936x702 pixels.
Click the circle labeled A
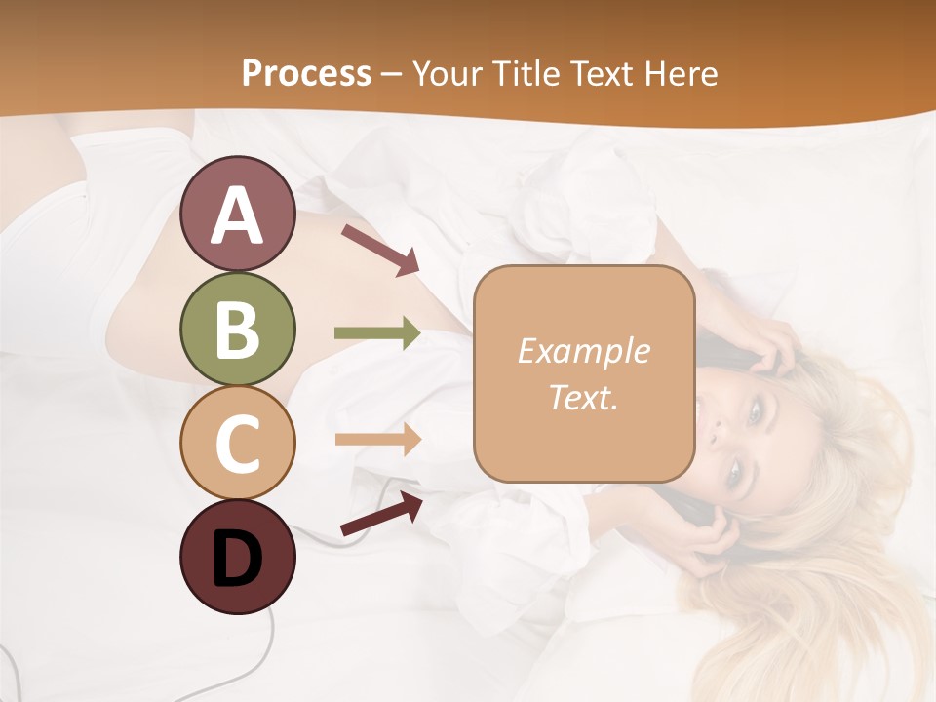pyautogui.click(x=237, y=214)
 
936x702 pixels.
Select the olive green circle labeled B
pyautogui.click(x=237, y=329)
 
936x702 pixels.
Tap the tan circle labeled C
pyautogui.click(x=237, y=443)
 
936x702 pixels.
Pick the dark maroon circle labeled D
pyautogui.click(x=237, y=557)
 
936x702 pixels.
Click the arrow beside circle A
pyautogui.click(x=380, y=250)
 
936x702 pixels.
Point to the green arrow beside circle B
pyautogui.click(x=377, y=333)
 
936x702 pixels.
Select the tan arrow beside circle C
pyautogui.click(x=377, y=439)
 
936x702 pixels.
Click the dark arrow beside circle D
pyautogui.click(x=381, y=514)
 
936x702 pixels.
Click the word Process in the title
pyautogui.click(x=306, y=74)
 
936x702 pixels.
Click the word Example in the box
pyautogui.click(x=584, y=351)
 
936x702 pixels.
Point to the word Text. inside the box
pyautogui.click(x=584, y=397)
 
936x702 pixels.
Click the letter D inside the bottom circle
pyautogui.click(x=237, y=559)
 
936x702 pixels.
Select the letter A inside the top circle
pyautogui.click(x=237, y=215)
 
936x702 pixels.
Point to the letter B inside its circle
pyautogui.click(x=237, y=330)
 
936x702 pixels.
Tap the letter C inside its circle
pyautogui.click(x=237, y=444)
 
